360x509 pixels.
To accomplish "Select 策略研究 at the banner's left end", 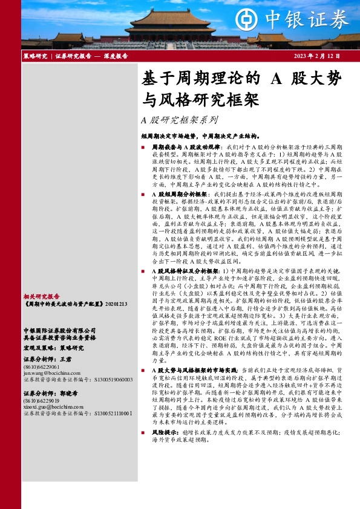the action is tap(34, 56).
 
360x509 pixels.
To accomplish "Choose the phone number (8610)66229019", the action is tap(42, 401).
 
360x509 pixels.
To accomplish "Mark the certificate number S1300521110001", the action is tap(108, 413).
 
